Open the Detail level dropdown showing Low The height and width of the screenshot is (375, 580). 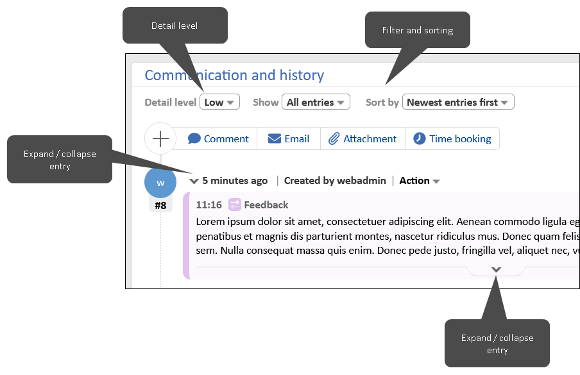point(219,102)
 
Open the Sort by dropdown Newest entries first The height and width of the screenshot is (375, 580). point(457,102)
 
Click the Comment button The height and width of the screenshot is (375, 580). point(218,138)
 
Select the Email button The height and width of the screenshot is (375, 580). point(289,138)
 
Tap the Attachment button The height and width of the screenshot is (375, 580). point(362,138)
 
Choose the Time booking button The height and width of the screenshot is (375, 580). point(452,138)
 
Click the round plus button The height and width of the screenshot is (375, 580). point(160,138)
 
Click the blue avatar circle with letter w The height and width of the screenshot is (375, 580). point(160,183)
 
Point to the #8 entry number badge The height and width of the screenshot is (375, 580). point(160,206)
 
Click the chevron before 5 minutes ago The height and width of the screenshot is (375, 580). point(194,181)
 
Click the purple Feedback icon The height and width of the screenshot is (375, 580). point(234,204)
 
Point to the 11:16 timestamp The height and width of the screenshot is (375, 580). point(209,205)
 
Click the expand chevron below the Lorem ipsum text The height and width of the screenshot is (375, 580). point(496,270)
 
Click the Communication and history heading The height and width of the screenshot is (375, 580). point(234,75)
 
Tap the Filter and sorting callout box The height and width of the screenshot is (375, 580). point(418,30)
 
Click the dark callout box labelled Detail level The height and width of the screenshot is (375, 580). point(175,26)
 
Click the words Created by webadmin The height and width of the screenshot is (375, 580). point(335,181)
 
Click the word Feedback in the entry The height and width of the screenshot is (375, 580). point(266,205)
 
